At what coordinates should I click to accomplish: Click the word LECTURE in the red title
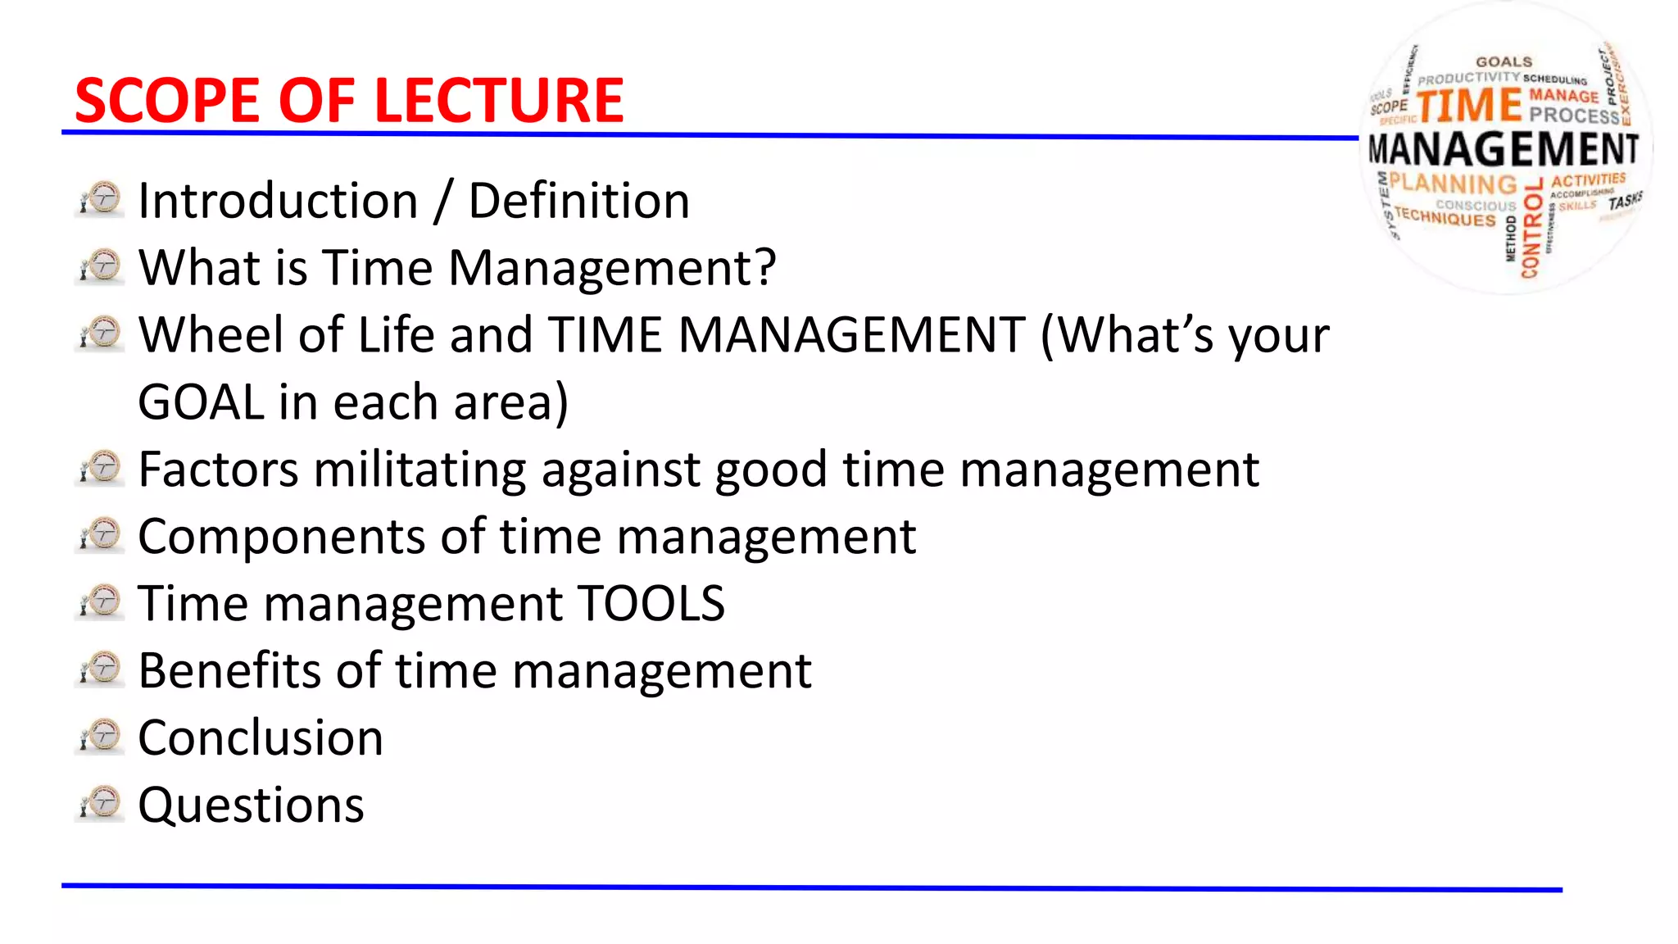click(x=498, y=101)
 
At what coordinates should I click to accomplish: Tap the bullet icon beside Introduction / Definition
click(x=101, y=199)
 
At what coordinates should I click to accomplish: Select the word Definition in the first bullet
click(x=578, y=201)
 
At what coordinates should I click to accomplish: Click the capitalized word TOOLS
click(x=651, y=604)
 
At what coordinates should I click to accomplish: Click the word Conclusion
click(x=261, y=737)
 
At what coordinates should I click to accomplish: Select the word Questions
click(x=251, y=805)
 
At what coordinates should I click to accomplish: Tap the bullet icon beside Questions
click(x=101, y=803)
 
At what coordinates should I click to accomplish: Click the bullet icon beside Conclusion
click(x=101, y=736)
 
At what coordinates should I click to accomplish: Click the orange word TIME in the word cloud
click(x=1469, y=106)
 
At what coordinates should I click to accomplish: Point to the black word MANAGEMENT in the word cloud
click(x=1503, y=150)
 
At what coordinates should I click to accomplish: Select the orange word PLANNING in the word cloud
click(x=1453, y=184)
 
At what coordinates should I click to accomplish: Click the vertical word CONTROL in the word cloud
click(x=1531, y=229)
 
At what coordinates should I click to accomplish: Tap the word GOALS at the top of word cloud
click(x=1503, y=62)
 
